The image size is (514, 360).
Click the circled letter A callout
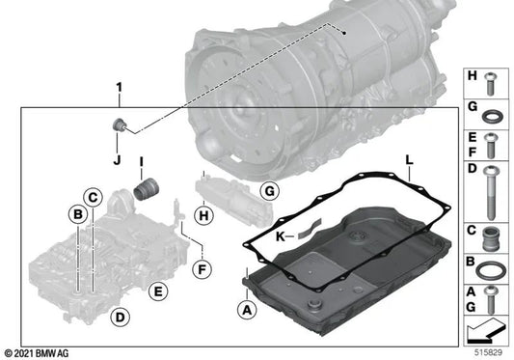coord(247,310)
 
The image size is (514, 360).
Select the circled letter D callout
coord(121,318)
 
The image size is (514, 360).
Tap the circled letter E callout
coord(158,291)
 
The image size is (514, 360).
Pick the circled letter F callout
coord(202,269)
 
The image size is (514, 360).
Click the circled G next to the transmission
coord(269,191)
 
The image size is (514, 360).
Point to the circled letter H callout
coord(203,215)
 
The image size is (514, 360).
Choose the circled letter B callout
coord(78,214)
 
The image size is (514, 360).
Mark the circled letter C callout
coord(93,198)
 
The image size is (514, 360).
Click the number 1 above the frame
coord(119,87)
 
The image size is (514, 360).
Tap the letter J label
coord(117,160)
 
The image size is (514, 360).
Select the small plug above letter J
coord(119,125)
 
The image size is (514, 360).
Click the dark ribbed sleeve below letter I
coord(147,189)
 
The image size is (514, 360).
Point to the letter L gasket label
coord(410,160)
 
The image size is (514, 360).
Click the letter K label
coord(281,236)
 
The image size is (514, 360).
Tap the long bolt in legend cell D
coord(491,192)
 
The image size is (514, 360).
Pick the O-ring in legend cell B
coord(489,270)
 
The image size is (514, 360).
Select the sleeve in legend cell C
coord(490,238)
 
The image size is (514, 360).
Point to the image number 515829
coord(488,353)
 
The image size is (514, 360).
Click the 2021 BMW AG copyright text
coord(37,353)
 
